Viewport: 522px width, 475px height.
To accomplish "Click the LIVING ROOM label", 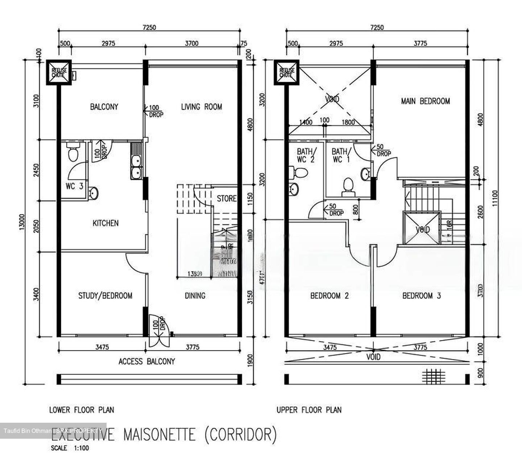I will (201, 107).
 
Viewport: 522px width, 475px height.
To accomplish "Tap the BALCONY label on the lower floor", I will (104, 107).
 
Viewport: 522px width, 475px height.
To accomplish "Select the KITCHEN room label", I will (105, 223).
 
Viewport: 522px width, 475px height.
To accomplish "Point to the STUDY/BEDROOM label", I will (105, 296).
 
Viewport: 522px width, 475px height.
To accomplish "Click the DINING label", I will (195, 296).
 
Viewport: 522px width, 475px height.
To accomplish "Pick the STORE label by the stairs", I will (226, 198).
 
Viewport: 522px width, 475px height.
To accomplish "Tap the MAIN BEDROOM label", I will (425, 101).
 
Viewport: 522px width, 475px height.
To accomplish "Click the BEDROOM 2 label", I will (329, 296).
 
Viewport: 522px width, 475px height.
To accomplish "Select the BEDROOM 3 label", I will (422, 296).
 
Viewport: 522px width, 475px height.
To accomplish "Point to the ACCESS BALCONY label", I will (146, 361).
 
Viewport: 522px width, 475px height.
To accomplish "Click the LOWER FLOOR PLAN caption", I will (82, 410).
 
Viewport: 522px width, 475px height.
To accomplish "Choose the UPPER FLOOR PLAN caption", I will (309, 410).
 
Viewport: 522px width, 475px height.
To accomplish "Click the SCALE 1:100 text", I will (70, 448).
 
